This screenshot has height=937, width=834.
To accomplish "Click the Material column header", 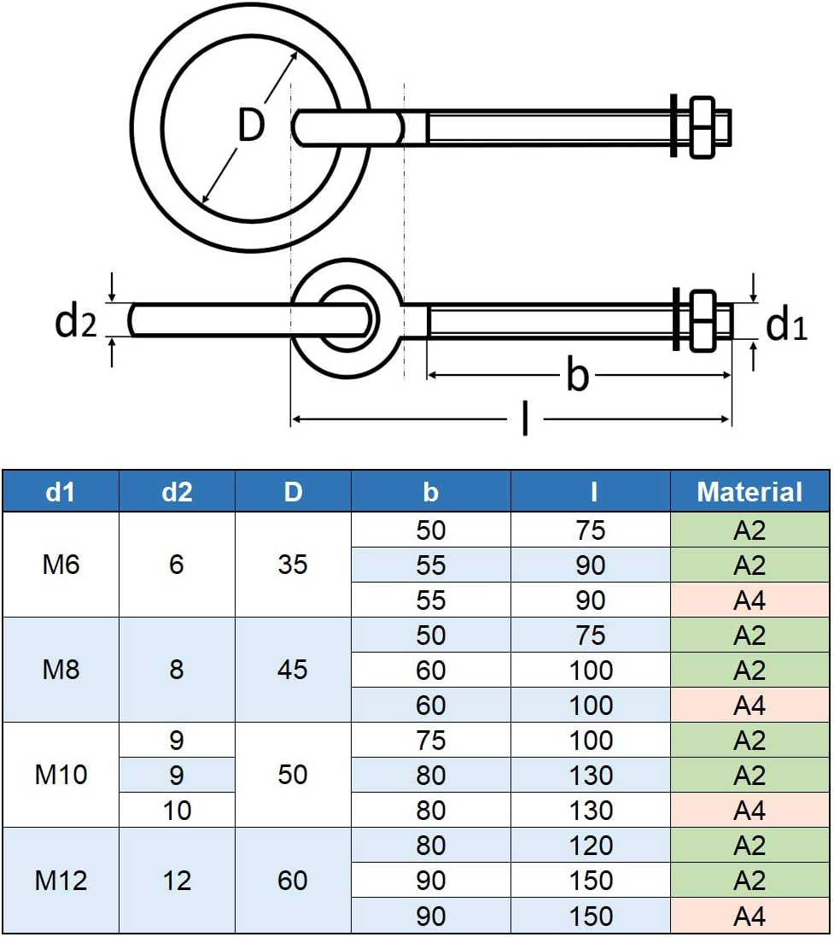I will [x=749, y=491].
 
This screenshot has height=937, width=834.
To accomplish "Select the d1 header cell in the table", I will [x=60, y=491].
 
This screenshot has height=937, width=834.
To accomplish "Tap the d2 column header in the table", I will [x=177, y=491].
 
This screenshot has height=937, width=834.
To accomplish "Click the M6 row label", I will [x=60, y=565].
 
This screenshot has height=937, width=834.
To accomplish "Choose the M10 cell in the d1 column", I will [x=60, y=775].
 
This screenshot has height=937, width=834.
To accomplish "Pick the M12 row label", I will [x=60, y=880].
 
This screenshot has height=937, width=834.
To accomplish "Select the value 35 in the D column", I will [x=293, y=565].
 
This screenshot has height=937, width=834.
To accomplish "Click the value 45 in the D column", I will [x=293, y=670].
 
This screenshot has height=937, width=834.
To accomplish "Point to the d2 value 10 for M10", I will [x=177, y=810].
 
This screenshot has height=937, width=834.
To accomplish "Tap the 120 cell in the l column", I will [x=591, y=846].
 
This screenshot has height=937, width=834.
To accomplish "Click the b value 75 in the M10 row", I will [x=431, y=741].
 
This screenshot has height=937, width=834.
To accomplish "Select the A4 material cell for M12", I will [x=749, y=916].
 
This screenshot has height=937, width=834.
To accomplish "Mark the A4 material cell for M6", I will [x=749, y=600].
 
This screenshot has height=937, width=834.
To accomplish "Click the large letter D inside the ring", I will [x=251, y=126].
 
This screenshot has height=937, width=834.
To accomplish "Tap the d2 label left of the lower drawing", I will [x=75, y=321].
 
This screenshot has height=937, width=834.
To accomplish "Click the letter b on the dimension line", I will [x=578, y=375].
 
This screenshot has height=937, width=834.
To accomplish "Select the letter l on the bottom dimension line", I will [x=525, y=419].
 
